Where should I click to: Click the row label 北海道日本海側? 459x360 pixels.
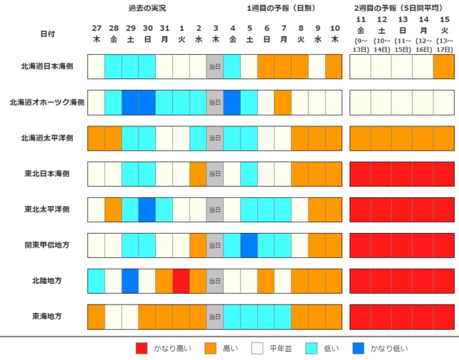point(47,66)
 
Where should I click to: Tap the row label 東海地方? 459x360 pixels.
point(47,316)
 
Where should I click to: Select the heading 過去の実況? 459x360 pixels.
point(147,8)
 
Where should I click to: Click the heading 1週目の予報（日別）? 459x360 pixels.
point(281,8)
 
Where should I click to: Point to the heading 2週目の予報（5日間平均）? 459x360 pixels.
point(398,8)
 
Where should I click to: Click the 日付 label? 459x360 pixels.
point(47,34)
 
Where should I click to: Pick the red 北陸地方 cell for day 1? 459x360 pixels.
point(181,281)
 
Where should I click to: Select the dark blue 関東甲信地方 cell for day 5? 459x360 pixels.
point(249,245)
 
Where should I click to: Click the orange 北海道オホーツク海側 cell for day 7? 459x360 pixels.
point(283,102)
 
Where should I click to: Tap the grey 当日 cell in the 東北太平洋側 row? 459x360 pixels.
point(215,209)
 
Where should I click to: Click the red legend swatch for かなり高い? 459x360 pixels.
point(142,349)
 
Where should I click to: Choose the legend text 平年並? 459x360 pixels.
point(281,349)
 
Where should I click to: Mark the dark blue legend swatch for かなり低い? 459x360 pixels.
point(358,349)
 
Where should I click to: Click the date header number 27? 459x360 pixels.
point(97,28)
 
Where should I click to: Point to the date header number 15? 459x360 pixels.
point(444,20)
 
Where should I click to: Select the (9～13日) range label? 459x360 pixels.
point(360,45)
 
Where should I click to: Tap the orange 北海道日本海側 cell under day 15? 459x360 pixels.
point(443,66)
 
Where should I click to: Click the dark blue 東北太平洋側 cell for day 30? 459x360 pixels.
point(147,209)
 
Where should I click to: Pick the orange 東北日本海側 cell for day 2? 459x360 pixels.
point(198,174)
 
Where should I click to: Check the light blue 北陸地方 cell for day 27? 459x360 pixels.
point(97,281)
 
